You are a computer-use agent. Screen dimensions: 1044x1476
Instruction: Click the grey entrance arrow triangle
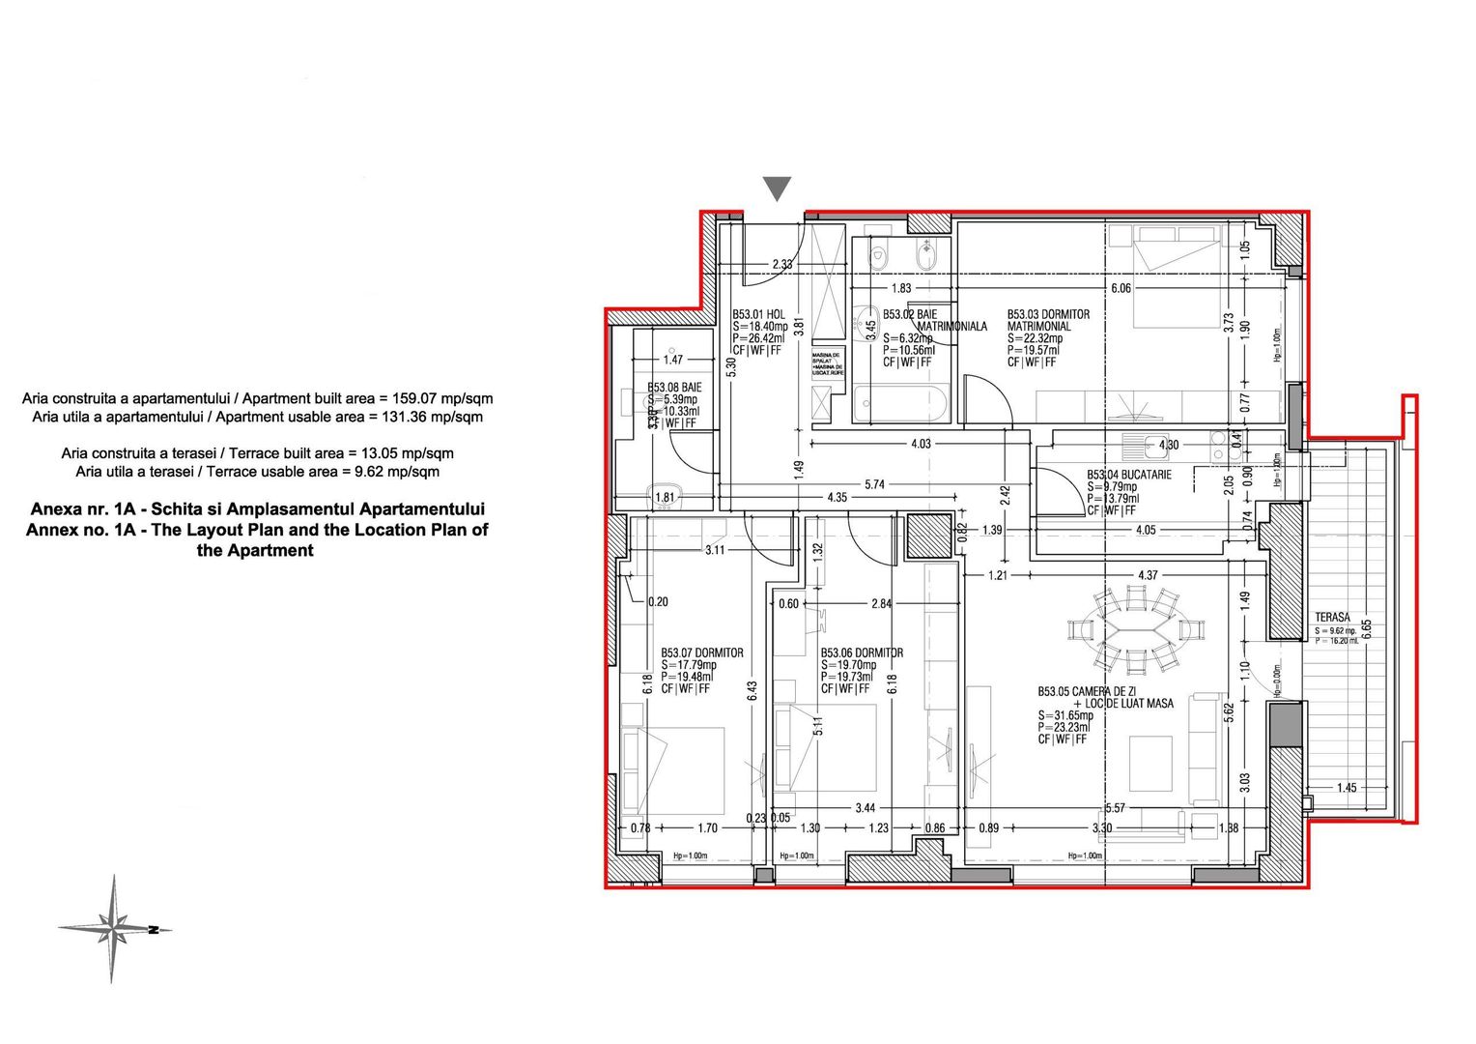[777, 188]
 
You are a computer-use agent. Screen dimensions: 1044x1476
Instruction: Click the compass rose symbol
[114, 929]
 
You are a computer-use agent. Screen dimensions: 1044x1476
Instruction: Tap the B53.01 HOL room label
[758, 315]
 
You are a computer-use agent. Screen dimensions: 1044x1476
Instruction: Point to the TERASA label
[1333, 618]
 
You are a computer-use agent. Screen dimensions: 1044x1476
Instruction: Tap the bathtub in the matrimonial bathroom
[901, 400]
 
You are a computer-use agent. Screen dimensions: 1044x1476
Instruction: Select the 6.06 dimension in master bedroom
[1121, 288]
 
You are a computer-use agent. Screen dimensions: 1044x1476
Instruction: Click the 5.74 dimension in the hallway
[874, 484]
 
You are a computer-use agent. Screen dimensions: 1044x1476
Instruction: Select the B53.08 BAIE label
[673, 387]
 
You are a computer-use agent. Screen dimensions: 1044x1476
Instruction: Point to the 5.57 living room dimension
[1115, 807]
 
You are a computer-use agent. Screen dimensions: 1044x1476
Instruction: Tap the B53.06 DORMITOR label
[862, 652]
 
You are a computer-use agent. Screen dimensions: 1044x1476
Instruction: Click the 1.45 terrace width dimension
[1347, 788]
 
